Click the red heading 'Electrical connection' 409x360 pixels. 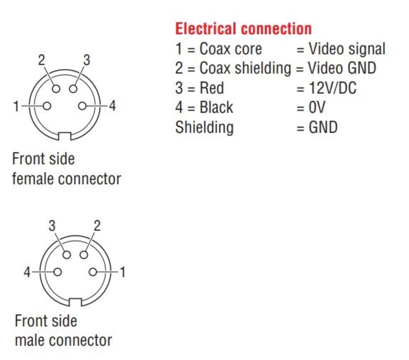point(243,29)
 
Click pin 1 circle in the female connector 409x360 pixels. point(47,106)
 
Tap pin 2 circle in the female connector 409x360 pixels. point(56,89)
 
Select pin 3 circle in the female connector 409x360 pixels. point(73,89)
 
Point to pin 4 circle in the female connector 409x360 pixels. point(82,106)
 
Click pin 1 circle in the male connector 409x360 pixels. point(93,272)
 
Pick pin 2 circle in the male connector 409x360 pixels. point(84,255)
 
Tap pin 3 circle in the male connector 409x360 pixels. point(67,255)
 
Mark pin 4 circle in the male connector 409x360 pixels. point(58,272)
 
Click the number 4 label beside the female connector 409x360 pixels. point(112,106)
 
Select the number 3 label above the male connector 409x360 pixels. point(52,226)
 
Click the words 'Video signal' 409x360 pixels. point(347,49)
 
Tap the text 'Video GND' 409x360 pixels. point(342,68)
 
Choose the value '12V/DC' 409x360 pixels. point(332,88)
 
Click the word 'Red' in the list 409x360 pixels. point(212,88)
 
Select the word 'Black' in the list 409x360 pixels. point(216,107)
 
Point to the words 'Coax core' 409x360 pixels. point(230,49)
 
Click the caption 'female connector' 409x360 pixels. point(67,179)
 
